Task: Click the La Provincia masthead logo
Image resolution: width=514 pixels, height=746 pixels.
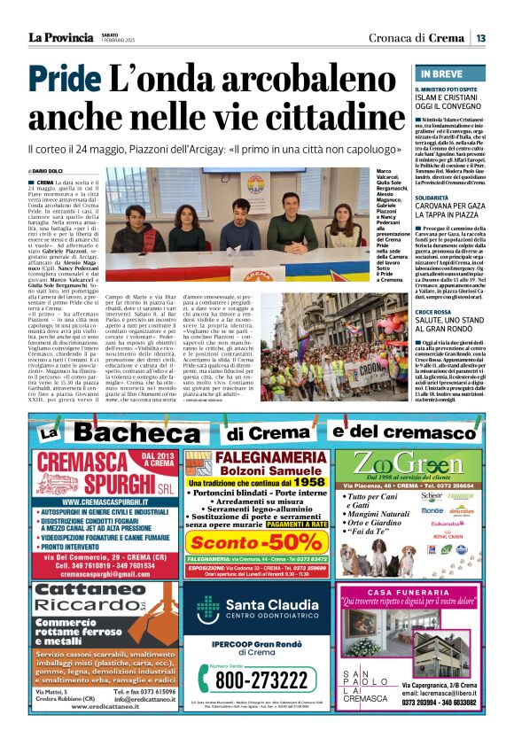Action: [x=60, y=37]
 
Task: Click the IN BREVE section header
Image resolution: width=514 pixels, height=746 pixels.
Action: [x=440, y=74]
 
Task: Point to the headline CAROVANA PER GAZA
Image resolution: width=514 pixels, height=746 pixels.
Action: [x=451, y=209]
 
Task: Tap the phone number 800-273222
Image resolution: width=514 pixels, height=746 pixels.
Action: [x=258, y=679]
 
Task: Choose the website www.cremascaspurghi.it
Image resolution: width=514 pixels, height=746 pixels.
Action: [x=90, y=501]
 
